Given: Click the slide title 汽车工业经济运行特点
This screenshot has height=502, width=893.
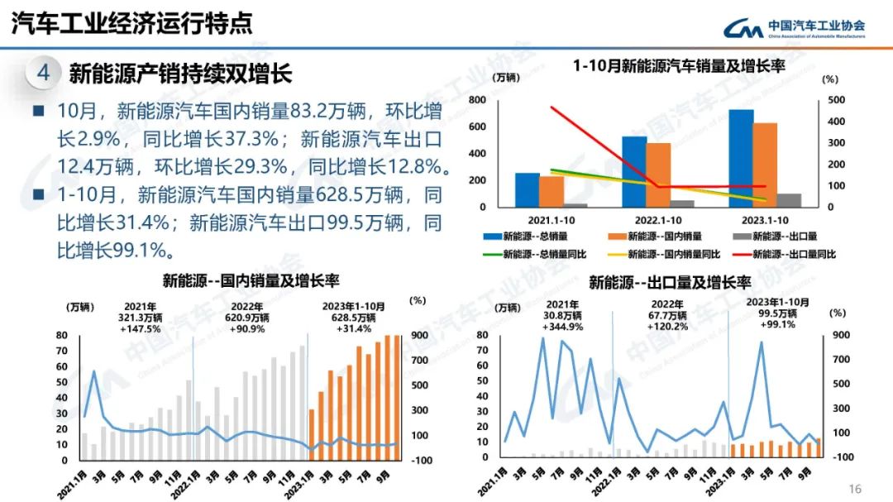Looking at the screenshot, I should coord(131,24).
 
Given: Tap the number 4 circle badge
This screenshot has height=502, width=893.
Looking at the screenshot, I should coord(44,73).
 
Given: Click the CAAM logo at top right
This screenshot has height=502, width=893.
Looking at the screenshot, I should coord(794,29).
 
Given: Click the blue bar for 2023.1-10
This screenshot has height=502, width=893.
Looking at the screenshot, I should coord(741,157).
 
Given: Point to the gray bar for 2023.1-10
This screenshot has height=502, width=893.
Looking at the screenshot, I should coord(789,200).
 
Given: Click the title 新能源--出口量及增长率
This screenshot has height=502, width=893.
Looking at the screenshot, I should coord(669,282).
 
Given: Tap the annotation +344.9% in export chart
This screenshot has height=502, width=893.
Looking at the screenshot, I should coord(562,327).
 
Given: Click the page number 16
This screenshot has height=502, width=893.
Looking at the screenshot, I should coord(855,489).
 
